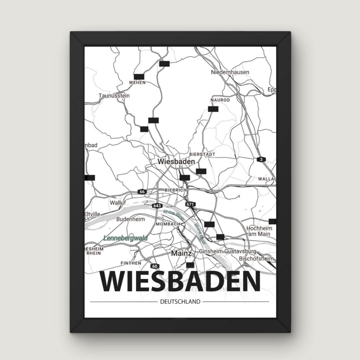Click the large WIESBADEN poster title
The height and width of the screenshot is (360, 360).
tap(180, 282)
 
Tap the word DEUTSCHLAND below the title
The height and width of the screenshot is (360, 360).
tap(180, 302)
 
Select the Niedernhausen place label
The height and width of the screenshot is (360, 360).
tap(230, 72)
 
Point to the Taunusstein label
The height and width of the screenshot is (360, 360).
tap(114, 96)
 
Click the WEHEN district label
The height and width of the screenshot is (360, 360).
tap(137, 82)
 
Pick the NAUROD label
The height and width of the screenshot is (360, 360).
tap(220, 100)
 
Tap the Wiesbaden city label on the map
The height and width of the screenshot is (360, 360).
tap(176, 162)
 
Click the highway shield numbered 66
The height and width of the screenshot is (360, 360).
tap(142, 192)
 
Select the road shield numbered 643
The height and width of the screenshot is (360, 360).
tap(157, 205)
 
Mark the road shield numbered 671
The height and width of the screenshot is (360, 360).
tap(191, 204)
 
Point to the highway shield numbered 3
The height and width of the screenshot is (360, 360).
tap(261, 160)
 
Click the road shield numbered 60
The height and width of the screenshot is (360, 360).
tap(155, 266)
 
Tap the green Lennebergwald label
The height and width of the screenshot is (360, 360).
tap(126, 238)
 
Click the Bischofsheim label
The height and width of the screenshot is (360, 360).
tap(256, 259)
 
